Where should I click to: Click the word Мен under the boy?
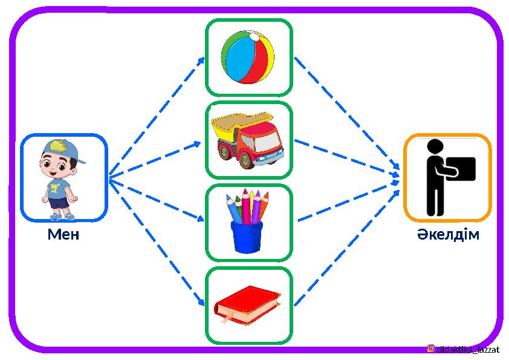coord(63,235)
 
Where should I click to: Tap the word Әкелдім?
coord(447,235)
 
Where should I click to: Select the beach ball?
coord(248,57)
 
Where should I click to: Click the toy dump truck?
coord(248,140)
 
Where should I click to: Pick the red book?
coord(248,304)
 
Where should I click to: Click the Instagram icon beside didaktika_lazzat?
coord(431,349)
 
